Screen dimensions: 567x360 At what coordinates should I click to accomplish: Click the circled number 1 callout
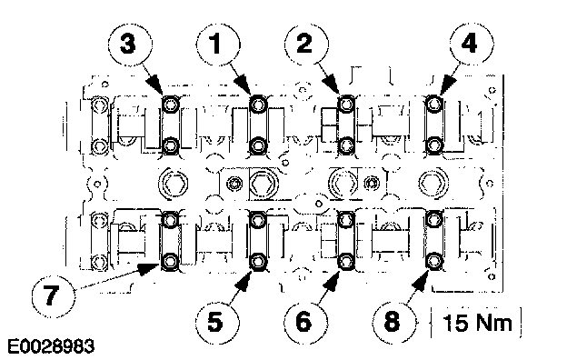218,45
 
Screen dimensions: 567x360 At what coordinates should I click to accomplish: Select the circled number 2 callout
306,45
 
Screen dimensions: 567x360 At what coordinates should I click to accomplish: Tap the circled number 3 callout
130,45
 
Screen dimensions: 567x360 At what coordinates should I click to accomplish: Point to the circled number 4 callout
472,45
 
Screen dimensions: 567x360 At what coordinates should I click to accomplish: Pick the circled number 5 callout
217,322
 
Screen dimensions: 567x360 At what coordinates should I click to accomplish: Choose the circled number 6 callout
305,322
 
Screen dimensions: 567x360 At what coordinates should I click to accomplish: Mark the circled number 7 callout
54,295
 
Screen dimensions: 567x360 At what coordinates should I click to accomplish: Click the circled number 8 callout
394,322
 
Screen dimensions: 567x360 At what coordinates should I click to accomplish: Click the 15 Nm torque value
477,323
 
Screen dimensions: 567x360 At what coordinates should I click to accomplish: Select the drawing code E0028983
51,346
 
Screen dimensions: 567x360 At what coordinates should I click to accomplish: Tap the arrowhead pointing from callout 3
158,87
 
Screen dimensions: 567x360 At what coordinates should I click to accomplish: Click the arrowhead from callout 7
149,269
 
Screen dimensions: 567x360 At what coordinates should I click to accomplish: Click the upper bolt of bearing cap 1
258,105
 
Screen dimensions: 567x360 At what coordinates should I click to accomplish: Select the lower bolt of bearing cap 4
434,145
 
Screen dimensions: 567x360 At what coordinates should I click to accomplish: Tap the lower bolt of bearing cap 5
257,261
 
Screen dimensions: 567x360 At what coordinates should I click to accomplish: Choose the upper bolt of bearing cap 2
346,105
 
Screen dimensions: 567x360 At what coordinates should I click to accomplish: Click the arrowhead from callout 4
447,87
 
